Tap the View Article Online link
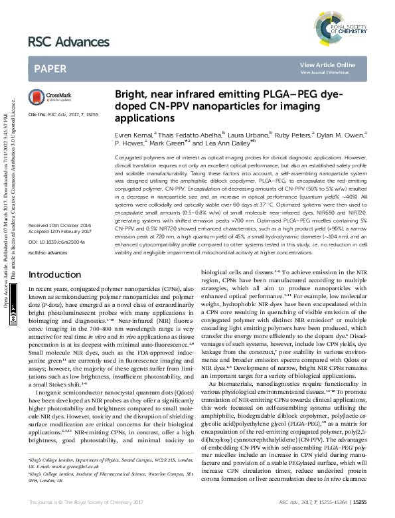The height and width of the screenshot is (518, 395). [x=337, y=64]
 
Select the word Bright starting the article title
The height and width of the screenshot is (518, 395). [x=131, y=95]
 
